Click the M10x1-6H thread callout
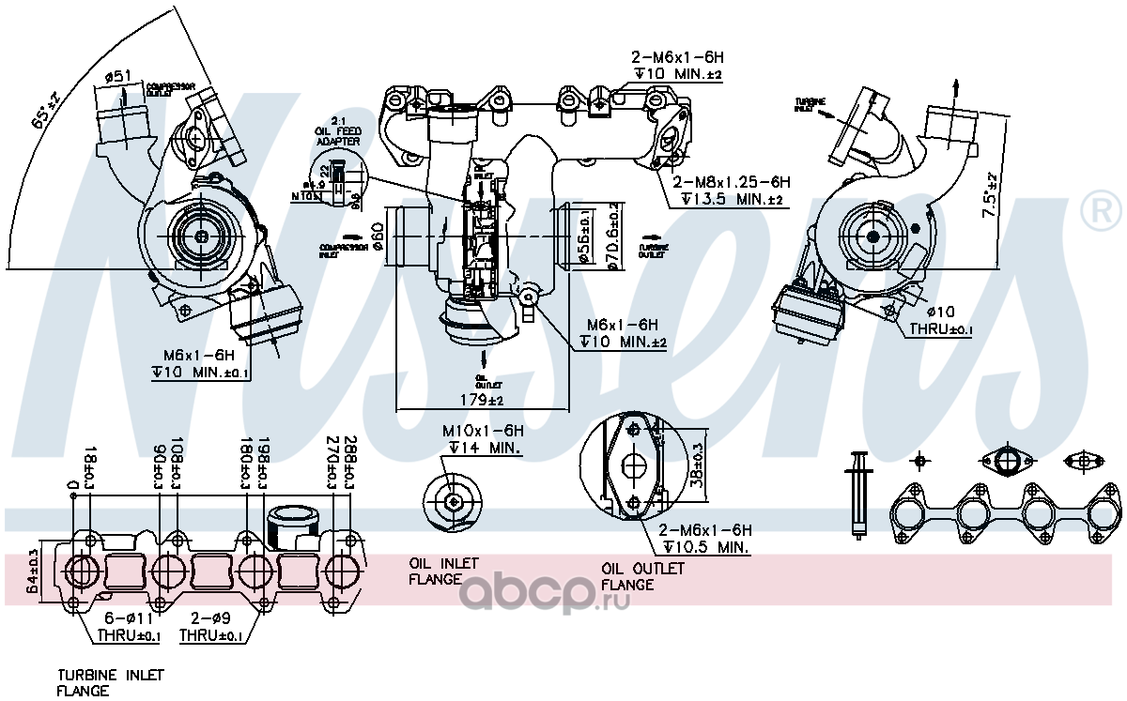pos(481,432)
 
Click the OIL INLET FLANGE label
pos(443,571)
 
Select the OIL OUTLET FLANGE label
pos(642,576)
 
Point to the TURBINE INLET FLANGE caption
pos(110,682)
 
